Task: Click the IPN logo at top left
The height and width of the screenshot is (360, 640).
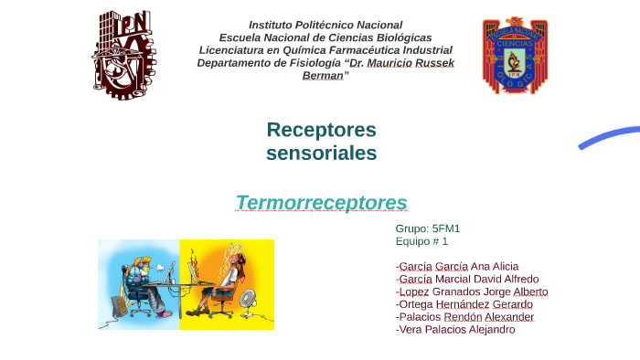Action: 123,55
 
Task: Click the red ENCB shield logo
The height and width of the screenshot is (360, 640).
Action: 515,55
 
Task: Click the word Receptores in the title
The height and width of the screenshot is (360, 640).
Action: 321,130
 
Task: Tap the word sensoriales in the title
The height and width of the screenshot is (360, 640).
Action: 321,153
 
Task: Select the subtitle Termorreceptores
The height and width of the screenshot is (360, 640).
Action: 321,202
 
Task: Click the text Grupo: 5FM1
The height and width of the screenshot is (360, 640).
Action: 428,228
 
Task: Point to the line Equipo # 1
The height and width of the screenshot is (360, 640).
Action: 421,241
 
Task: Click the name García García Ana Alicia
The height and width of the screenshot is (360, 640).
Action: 457,266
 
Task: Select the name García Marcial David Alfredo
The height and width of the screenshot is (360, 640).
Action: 467,279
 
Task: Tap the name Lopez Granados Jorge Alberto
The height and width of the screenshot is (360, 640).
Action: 472,291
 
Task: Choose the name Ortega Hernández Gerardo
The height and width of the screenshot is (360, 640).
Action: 464,304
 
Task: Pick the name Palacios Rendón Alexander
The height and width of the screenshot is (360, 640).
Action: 464,317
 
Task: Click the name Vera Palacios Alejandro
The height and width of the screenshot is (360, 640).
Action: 455,330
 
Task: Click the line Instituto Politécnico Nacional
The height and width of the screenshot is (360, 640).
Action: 325,25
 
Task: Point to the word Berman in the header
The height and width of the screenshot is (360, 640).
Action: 323,76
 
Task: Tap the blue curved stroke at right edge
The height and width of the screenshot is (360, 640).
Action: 608,136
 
